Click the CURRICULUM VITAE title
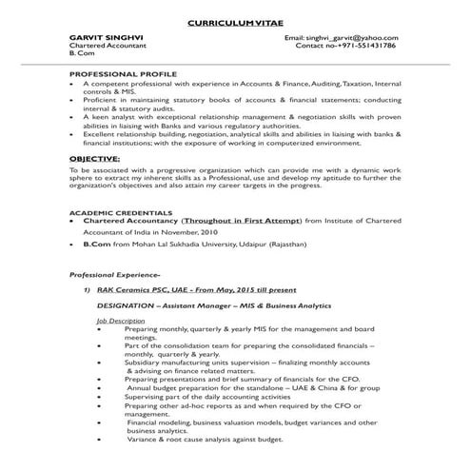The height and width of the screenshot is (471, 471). click(234, 19)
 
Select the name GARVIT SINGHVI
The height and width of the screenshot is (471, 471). click(102, 36)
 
